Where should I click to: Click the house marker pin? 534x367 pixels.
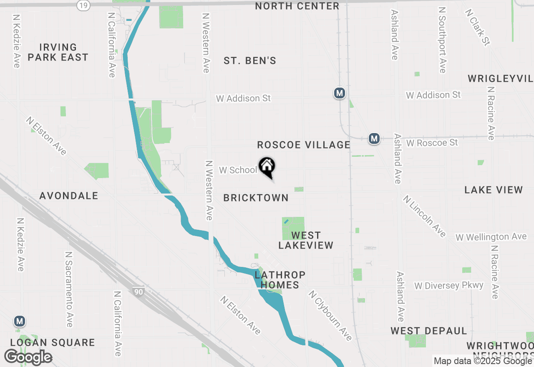[267, 167]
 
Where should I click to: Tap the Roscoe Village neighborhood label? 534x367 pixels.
[303, 145]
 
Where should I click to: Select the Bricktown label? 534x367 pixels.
[256, 198]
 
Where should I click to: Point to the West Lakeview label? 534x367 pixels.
[306, 240]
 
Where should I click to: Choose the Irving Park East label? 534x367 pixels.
[58, 52]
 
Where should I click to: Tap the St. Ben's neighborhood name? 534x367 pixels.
[250, 61]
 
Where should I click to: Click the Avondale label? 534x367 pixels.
[69, 196]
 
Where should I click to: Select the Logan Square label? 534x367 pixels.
[53, 343]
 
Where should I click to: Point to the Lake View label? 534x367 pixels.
[494, 190]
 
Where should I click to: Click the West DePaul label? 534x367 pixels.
[428, 331]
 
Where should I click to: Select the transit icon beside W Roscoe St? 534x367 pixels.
[374, 138]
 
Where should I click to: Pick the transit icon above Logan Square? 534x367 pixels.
[19, 322]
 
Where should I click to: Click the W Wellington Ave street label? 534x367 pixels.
[491, 237]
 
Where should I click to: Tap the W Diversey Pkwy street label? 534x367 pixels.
[448, 286]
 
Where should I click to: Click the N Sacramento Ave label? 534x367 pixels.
[69, 289]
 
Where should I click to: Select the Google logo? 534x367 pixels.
[28, 357]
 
